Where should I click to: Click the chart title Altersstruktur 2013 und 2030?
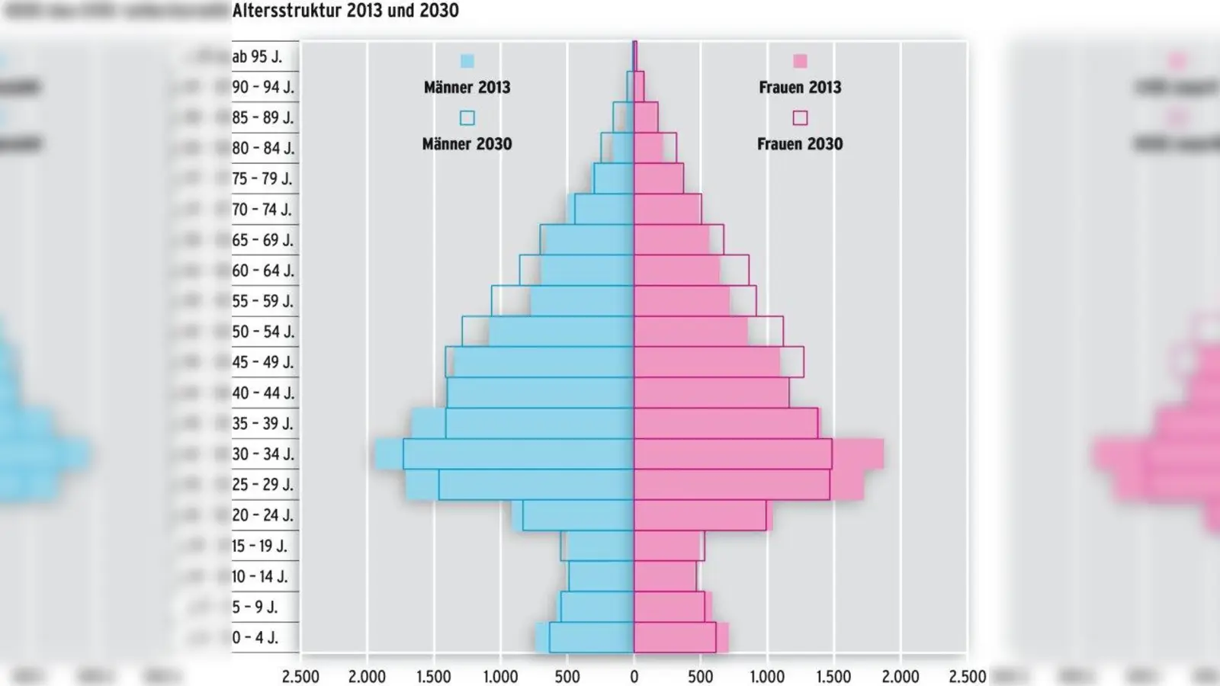345,11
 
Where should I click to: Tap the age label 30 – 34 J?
263,454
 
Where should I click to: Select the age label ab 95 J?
257,57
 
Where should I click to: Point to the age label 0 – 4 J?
255,638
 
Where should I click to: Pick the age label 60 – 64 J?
263,271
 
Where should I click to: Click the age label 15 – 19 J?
260,546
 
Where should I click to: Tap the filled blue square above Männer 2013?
467,62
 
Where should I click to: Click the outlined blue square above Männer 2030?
467,118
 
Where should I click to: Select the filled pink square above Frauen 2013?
800,62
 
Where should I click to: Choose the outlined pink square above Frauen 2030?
800,118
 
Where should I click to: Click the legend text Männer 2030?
467,144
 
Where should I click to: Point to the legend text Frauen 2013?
800,88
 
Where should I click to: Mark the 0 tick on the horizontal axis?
634,676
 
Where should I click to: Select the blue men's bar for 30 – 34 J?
518,454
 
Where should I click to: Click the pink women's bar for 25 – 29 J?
732,485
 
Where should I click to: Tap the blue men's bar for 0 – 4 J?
591,638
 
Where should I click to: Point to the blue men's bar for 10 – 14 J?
602,576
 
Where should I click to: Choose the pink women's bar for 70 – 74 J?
667,209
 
